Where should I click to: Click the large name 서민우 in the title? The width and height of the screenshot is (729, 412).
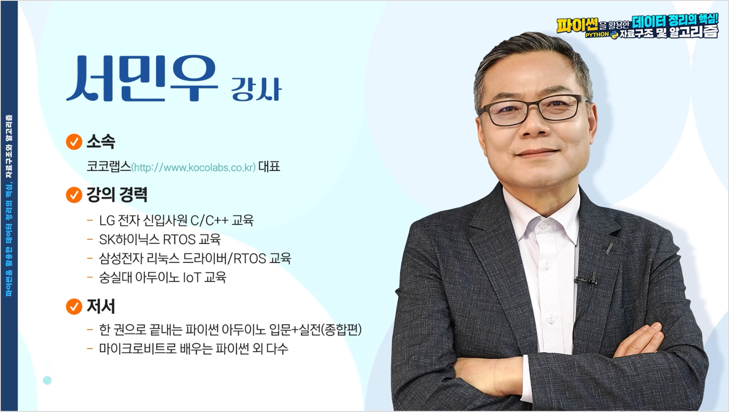(x=142, y=79)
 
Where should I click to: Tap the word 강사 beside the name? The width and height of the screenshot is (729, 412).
(x=256, y=89)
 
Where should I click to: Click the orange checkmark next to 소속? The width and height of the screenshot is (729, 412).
(x=74, y=142)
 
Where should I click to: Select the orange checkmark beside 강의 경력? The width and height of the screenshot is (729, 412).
(x=74, y=195)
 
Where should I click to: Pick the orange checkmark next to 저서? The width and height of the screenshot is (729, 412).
(x=74, y=306)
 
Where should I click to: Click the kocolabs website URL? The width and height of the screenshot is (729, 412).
(x=193, y=168)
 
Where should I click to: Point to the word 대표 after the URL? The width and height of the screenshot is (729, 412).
(x=269, y=166)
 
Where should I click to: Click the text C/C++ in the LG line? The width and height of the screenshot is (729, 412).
(x=209, y=221)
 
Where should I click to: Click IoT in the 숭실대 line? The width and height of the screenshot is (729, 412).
(x=192, y=277)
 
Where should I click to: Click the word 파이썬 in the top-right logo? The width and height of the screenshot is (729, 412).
(x=577, y=25)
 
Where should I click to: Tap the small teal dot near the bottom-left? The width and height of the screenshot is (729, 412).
(x=47, y=380)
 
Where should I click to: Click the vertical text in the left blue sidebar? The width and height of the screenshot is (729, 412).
(x=9, y=206)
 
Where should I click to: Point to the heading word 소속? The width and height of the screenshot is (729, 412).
(x=101, y=142)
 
